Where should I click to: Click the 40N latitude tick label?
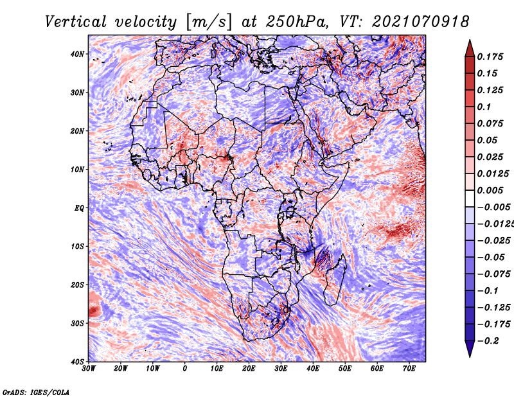[77, 54]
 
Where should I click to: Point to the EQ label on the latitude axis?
[79, 208]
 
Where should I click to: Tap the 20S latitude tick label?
[77, 285]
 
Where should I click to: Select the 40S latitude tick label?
[77, 362]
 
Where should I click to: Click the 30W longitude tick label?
[89, 369]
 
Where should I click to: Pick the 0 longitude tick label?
[185, 369]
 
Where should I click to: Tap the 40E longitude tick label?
[313, 369]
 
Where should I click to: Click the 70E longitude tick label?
[409, 369]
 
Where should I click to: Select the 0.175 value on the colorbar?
[490, 57]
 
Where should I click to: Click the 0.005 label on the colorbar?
[490, 190]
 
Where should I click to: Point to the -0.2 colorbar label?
[488, 341]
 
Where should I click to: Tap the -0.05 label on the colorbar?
[491, 258]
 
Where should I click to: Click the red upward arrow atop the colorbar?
[470, 49]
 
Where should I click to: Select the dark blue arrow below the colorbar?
[470, 348]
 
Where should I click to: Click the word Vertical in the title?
[76, 22]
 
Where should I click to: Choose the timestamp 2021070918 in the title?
[421, 22]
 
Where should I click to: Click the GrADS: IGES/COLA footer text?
[36, 392]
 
